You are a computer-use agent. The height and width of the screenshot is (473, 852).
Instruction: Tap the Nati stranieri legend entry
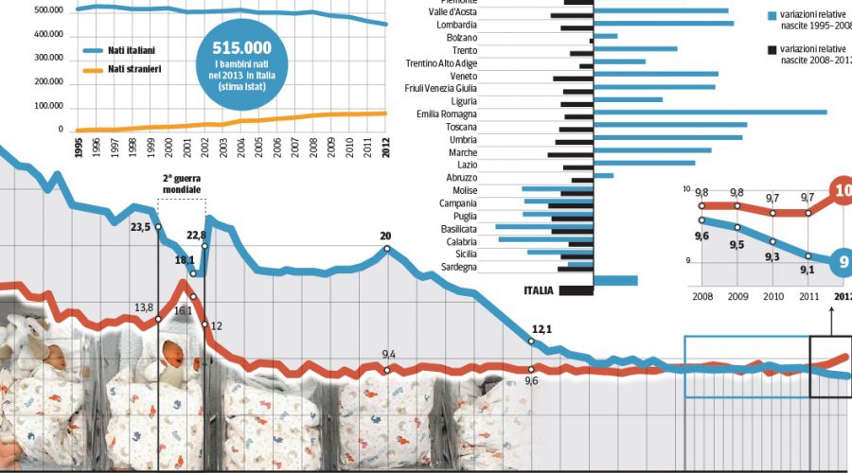(x=133, y=69)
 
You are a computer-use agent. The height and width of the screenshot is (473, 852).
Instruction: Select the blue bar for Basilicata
(x=543, y=228)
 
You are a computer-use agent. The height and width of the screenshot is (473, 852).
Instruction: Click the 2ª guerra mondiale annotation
(x=182, y=184)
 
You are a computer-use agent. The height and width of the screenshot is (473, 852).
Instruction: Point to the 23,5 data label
(x=141, y=227)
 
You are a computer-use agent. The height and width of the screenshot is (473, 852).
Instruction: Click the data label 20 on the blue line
(x=385, y=236)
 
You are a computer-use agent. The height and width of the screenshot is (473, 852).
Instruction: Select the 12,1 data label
(x=541, y=329)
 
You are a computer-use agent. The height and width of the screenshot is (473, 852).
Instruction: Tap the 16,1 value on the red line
(x=181, y=310)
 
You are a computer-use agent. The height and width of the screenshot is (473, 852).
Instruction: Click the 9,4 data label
(x=388, y=355)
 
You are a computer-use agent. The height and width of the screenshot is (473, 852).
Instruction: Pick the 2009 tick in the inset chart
(x=737, y=296)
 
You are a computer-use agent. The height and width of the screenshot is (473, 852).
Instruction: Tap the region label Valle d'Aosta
(x=453, y=11)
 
